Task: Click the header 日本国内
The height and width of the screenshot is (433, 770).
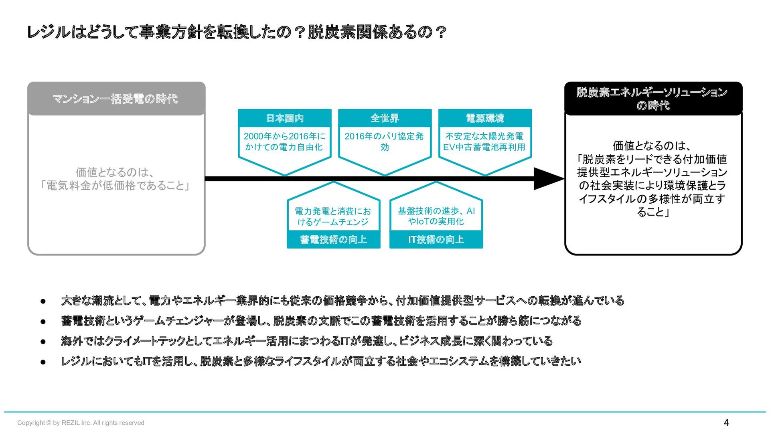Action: point(285,118)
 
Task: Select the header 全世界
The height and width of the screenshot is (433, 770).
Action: point(385,118)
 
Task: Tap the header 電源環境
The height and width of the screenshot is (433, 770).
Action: point(485,118)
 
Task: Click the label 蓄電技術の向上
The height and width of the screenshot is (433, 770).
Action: point(333,240)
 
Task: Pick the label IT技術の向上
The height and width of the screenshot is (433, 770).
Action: point(436,240)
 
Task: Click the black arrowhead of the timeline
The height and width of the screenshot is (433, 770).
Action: point(547,179)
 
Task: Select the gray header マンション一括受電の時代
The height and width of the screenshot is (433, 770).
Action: point(115,99)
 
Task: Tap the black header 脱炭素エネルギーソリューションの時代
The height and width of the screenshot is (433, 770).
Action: point(652,99)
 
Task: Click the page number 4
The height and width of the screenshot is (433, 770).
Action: point(726,423)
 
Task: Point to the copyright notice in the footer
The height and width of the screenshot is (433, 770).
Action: point(81,423)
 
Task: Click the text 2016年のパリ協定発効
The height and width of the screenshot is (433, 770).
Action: point(384,142)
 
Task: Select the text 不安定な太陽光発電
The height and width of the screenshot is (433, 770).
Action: point(484,136)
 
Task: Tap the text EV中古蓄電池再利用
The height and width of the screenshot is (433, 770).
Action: point(484,147)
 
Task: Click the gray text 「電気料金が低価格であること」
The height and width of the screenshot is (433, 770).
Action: point(115,186)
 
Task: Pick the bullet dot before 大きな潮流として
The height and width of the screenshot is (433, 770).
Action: point(43,301)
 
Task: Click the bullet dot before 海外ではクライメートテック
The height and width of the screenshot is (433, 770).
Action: point(43,342)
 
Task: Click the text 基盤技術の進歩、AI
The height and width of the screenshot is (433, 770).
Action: point(436,211)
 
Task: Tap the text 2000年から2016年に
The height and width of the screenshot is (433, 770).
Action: point(284,136)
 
